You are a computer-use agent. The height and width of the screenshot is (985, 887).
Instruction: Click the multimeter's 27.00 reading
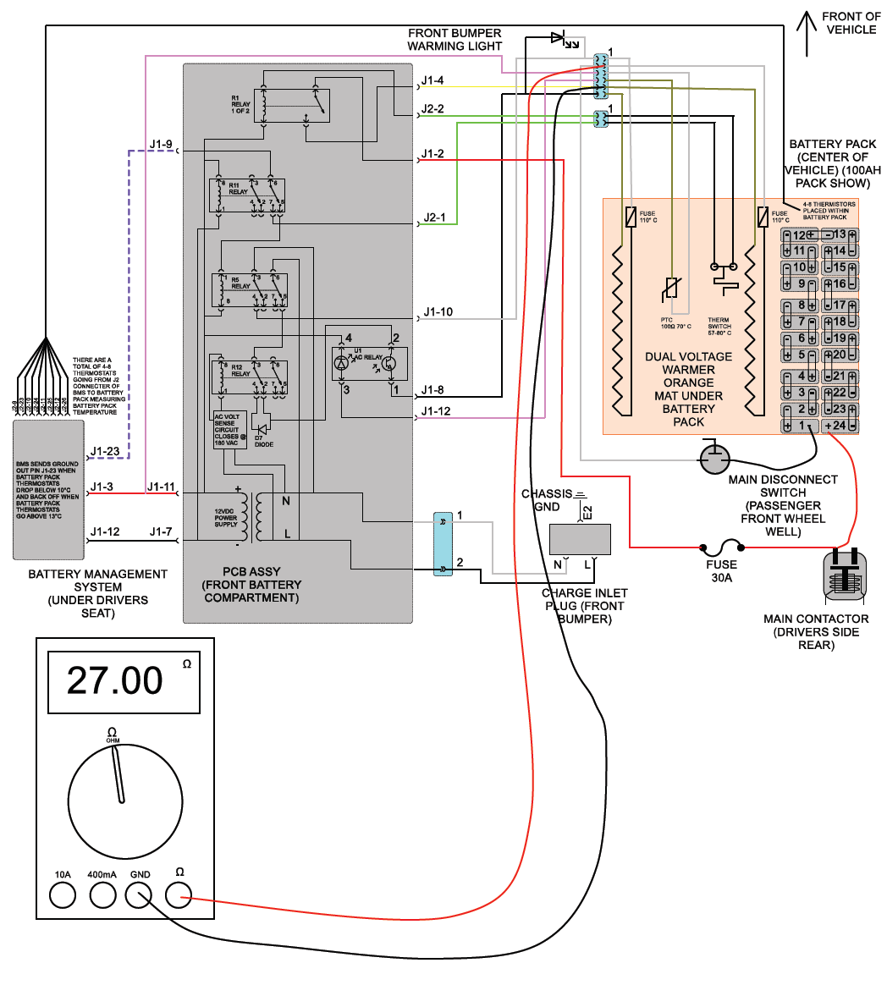[115, 680]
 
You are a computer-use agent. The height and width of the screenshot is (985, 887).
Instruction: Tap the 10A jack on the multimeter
[62, 894]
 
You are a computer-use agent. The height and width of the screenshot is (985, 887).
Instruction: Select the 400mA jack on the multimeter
[102, 894]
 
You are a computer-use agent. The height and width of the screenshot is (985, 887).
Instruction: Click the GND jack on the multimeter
[140, 894]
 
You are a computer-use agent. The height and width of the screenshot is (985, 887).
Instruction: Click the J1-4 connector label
[432, 81]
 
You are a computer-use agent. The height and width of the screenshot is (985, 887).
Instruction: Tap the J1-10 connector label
[438, 312]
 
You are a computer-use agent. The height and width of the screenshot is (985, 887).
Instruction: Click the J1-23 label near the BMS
[106, 452]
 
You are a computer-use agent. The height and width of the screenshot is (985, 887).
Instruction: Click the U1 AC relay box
[367, 364]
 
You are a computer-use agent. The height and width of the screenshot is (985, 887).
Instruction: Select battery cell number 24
[840, 425]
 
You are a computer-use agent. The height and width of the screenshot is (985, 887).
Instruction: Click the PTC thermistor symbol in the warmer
[671, 289]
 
